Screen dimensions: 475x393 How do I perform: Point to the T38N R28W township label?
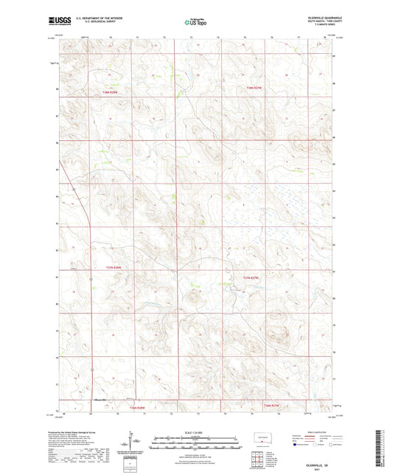pyautogui.click(x=111, y=91)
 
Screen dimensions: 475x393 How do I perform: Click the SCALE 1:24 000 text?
pyautogui.click(x=196, y=431)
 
